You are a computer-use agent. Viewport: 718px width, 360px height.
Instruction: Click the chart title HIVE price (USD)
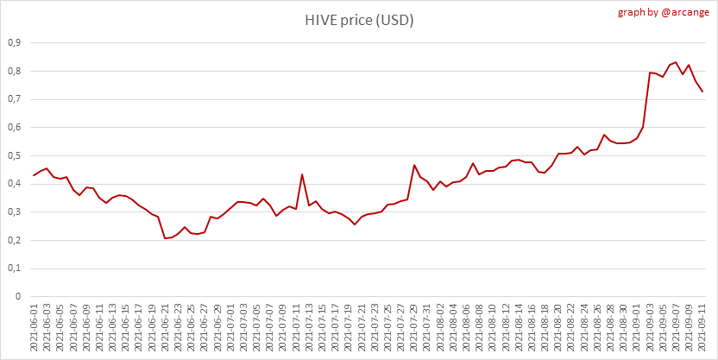coord(358,20)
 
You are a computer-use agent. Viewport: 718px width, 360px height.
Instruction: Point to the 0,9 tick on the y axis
coord(14,42)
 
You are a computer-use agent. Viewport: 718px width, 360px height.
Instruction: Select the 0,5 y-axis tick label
coord(14,155)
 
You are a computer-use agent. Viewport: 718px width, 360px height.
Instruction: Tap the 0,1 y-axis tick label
coord(14,268)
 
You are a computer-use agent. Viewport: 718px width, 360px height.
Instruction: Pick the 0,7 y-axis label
coord(14,99)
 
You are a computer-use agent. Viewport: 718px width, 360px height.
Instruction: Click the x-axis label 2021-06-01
coord(34,329)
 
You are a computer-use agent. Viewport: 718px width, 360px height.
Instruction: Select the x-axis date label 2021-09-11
coord(702,329)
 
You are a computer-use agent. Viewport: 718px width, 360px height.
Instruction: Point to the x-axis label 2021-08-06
coord(466,329)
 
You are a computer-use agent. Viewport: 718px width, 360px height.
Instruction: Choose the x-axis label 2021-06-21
coord(165,329)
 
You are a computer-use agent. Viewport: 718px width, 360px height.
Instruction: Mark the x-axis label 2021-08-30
coord(623,329)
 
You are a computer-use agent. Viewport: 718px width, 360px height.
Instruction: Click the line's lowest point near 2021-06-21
coord(165,238)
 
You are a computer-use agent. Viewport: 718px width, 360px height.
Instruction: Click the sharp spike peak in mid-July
coord(302,174)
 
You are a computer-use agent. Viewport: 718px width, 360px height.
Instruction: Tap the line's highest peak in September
coord(676,62)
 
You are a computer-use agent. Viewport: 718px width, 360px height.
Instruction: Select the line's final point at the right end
coord(702,92)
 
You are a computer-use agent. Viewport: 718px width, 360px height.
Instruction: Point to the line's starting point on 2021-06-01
coord(34,175)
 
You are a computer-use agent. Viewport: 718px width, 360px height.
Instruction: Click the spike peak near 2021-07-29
coord(414,165)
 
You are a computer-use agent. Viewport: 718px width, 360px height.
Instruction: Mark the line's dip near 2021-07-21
coord(355,224)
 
